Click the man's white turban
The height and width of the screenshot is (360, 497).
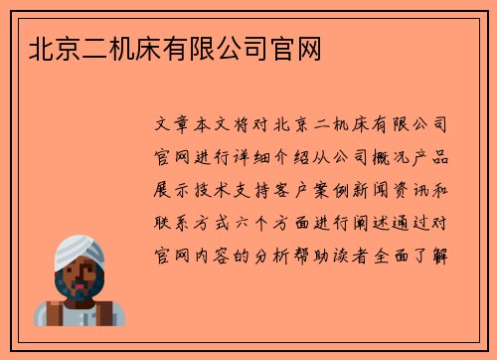click(x=81, y=249)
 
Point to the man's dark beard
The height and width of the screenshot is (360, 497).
click(x=80, y=287)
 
